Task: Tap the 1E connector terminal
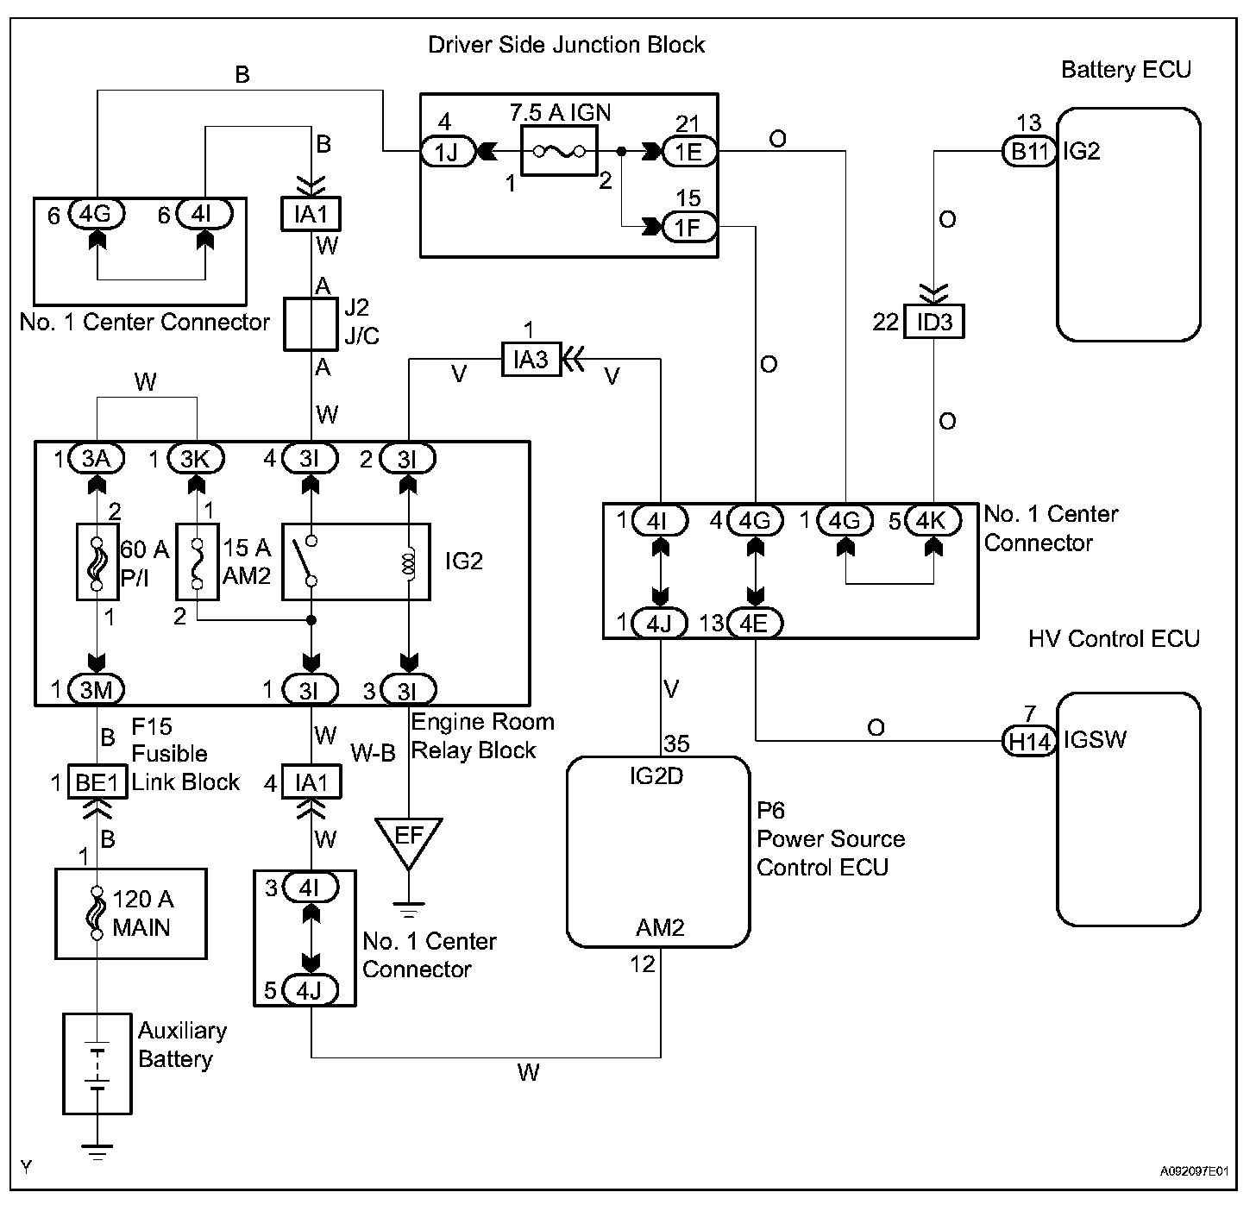688,152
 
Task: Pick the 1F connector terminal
688,227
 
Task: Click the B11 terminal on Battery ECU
1029,152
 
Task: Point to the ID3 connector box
933,322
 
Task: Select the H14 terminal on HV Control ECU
1029,740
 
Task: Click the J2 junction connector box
310,325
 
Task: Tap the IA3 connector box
531,359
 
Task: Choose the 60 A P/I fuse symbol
96,561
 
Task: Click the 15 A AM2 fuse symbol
198,561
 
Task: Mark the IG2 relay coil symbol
409,562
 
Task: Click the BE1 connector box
97,782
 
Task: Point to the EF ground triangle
409,838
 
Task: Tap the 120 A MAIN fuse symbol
97,913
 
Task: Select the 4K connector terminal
933,521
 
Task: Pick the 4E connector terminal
755,623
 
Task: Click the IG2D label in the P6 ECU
656,776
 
